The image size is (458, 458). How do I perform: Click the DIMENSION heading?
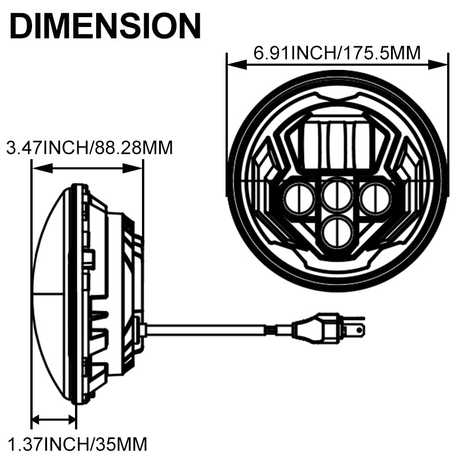point(105,26)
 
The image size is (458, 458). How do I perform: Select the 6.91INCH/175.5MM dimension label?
point(337,53)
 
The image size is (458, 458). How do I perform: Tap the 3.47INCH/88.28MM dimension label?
point(90,148)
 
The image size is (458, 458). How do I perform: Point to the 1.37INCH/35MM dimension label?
point(77,444)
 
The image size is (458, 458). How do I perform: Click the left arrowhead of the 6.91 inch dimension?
point(237,65)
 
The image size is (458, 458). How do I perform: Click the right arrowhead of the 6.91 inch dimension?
point(438,65)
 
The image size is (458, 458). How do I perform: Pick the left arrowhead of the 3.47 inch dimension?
point(42,168)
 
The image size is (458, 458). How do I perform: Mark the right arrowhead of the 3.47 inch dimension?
point(132,168)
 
